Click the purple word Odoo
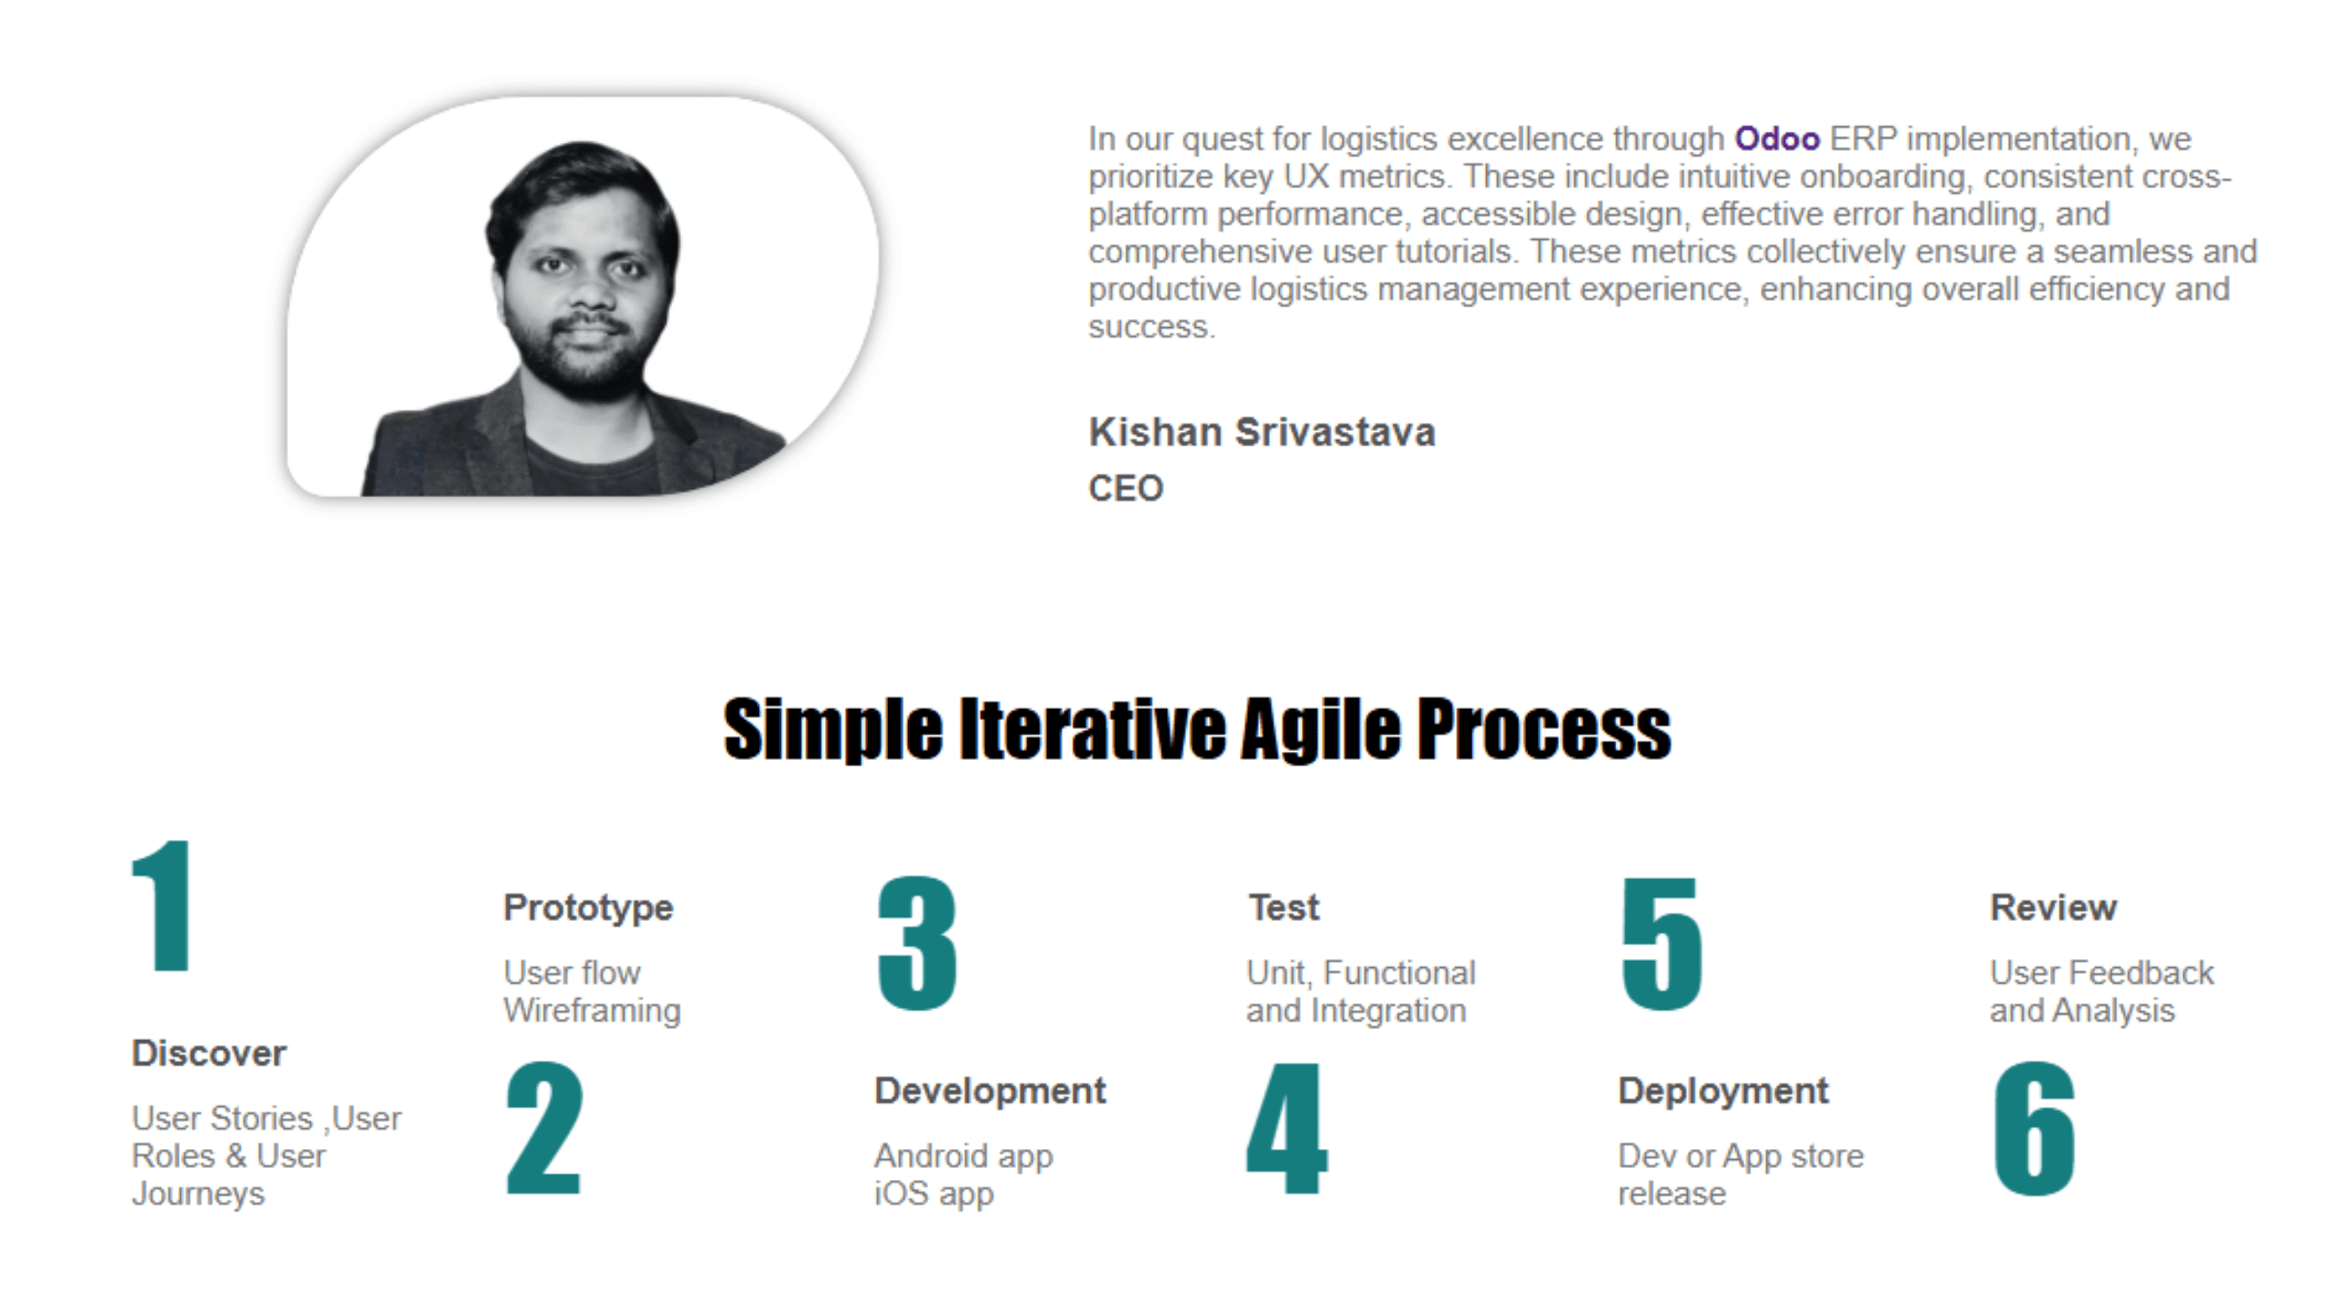[x=1777, y=139]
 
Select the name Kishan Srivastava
[x=1263, y=432]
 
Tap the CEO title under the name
[x=1126, y=488]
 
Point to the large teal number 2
[x=544, y=1127]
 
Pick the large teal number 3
[x=917, y=944]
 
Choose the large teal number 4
[x=1287, y=1127]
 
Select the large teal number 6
[x=2034, y=1127]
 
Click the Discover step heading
[x=209, y=1053]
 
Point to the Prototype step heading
[x=588, y=907]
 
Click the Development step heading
[x=990, y=1091]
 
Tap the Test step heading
[x=1283, y=907]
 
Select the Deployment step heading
[x=1723, y=1091]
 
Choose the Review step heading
[x=2053, y=907]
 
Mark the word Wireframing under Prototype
[x=592, y=1011]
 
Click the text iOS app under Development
[x=934, y=1194]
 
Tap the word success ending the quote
[x=1152, y=327]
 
